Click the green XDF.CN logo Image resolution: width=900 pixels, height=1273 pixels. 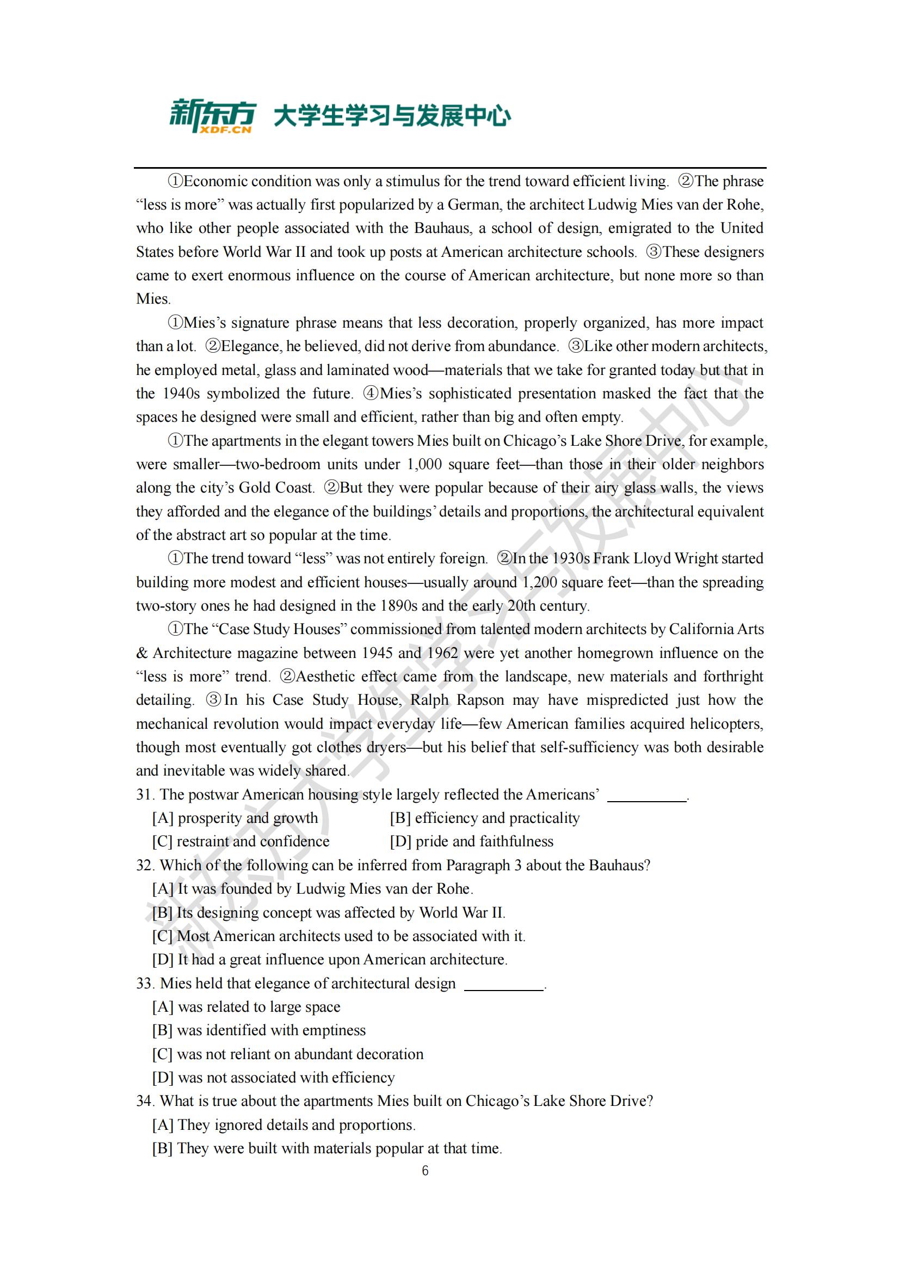coord(212,116)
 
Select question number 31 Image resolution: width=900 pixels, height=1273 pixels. coord(145,795)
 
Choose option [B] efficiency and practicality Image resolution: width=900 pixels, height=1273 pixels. coord(485,819)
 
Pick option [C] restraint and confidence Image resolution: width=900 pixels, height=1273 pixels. coord(241,841)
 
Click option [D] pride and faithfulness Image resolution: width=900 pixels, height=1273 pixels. coord(472,841)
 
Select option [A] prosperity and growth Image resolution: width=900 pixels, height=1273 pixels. coord(236,819)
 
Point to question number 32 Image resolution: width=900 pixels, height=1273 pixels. coord(145,865)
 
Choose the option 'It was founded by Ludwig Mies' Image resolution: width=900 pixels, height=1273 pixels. coord(313,889)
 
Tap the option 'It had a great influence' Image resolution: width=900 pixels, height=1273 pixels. coord(330,960)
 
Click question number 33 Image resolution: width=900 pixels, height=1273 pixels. coord(145,983)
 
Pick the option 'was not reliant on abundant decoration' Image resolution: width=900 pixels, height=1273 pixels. coord(288,1054)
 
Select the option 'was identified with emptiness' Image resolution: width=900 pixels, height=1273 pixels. coord(260,1030)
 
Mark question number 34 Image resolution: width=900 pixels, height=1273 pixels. coord(145,1101)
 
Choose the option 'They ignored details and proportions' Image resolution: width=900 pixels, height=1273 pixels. coord(283,1125)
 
